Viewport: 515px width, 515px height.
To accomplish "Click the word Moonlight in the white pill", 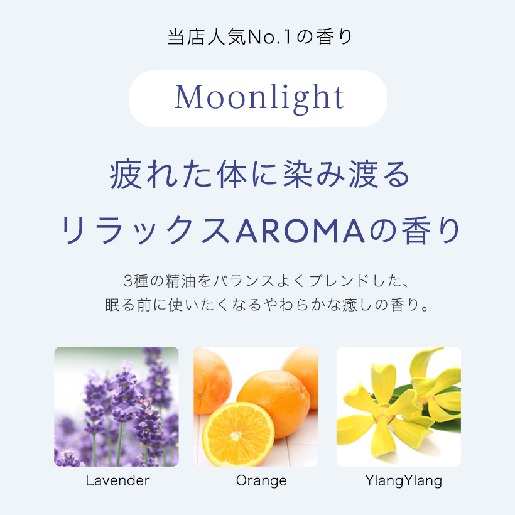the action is (x=259, y=97).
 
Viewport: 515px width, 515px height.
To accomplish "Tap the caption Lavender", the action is (x=117, y=480).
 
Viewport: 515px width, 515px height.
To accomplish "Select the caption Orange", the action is (x=261, y=481).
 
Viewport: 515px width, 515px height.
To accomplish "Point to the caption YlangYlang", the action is (x=404, y=481).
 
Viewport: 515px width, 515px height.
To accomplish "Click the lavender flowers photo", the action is (x=116, y=406).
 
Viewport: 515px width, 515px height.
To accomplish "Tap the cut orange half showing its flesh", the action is (x=238, y=435).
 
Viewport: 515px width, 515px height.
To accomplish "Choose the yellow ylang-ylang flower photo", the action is (x=399, y=406).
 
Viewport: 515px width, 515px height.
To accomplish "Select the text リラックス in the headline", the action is (x=144, y=230).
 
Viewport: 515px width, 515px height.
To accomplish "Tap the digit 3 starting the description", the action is (x=127, y=281).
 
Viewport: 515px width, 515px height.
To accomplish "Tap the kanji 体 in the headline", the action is (x=232, y=175).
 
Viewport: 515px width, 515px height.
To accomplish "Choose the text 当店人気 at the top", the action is (x=207, y=37).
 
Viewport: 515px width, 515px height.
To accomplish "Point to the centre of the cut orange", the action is (x=236, y=436).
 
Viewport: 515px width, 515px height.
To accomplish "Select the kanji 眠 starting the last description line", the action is (x=112, y=305).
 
